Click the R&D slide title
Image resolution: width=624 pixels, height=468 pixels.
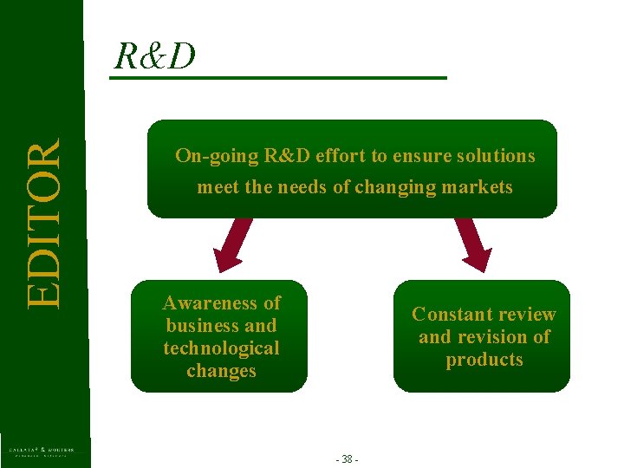[x=155, y=56]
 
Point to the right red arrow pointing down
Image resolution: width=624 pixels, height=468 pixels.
[x=473, y=244]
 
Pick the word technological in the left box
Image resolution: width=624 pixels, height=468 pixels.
[x=222, y=348]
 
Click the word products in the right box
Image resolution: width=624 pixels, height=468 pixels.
[x=484, y=360]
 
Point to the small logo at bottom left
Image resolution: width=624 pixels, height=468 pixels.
[x=42, y=451]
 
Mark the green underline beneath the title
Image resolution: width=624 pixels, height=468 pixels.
[x=277, y=79]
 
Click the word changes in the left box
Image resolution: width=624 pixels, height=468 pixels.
[x=222, y=371]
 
